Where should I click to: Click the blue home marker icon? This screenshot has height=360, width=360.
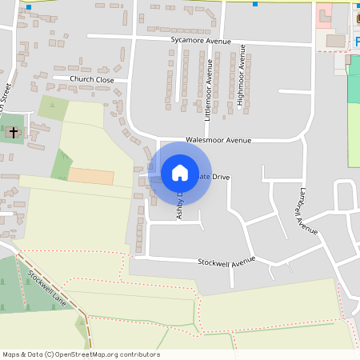pos(180,172)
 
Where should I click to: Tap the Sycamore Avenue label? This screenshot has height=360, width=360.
pos(200,40)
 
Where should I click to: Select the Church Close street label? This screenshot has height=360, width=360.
pos(92,79)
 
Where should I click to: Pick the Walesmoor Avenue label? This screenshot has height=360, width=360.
pos(218,140)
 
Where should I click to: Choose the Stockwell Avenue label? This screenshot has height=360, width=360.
pos(226,262)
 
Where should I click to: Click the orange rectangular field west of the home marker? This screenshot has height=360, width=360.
pos(90,176)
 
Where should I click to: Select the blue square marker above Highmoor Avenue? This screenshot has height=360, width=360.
pos(255,4)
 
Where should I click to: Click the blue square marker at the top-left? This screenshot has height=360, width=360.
pos(29,6)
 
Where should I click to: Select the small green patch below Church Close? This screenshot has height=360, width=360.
pos(53,107)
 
